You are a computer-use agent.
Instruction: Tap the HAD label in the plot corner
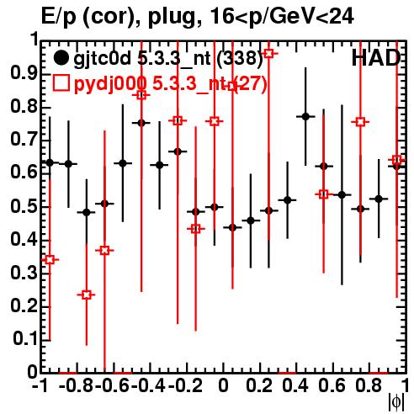point(376,58)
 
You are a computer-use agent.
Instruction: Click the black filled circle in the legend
point(61,58)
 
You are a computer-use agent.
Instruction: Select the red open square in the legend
point(61,83)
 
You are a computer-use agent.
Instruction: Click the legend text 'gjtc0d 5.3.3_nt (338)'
point(168,59)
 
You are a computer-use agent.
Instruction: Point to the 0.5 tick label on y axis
point(24,207)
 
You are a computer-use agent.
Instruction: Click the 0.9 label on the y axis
point(24,74)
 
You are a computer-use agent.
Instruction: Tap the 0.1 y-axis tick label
point(24,339)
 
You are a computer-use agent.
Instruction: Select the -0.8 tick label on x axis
point(77,386)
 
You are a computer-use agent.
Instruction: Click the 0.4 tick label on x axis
point(295,386)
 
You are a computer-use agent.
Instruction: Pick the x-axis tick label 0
point(223,386)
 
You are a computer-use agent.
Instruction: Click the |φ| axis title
point(396,402)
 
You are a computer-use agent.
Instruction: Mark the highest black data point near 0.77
point(305,116)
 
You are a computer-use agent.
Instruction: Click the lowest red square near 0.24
point(87,295)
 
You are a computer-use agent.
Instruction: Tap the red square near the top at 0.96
point(268,53)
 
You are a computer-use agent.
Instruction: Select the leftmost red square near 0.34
point(50,260)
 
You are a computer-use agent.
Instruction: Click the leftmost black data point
point(50,162)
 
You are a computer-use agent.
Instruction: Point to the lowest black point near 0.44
point(232,227)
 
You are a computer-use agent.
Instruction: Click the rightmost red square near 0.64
point(396,160)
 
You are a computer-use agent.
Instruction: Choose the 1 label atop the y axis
point(34,40)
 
